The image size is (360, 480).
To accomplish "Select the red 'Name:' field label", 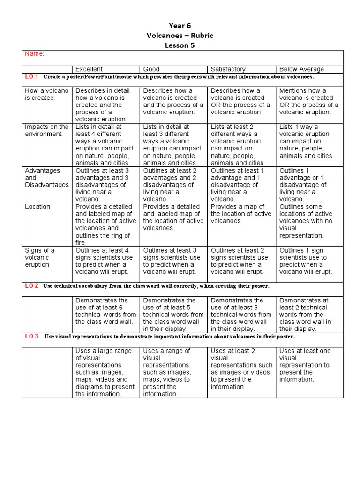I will pos(35,54).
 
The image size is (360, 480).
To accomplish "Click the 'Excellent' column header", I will pos(89,69).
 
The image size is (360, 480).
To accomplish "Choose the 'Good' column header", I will pos(151,69).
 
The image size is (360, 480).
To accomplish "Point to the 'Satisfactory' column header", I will pos(228,69).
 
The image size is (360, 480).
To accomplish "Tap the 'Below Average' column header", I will pos(302,69).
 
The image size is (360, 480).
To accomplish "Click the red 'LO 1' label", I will pos(31,76).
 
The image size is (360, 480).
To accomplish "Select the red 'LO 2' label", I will pos(31,285).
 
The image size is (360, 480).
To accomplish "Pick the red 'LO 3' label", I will pos(31,336).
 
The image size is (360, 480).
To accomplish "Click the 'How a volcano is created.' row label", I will pos(46,94).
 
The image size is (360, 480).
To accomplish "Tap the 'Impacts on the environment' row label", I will pos(46,130).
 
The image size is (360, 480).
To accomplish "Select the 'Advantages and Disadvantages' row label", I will pos(46,178).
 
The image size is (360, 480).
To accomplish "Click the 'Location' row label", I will pos(37,207).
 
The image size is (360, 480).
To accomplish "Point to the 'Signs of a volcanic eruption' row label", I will pos(40,257).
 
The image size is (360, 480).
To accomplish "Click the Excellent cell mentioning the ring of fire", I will pos(105,225).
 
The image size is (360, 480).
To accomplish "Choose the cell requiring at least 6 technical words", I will pos(105,311).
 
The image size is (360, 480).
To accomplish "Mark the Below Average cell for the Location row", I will pos(309,221).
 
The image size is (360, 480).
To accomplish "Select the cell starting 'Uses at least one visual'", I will pos(309,365).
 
